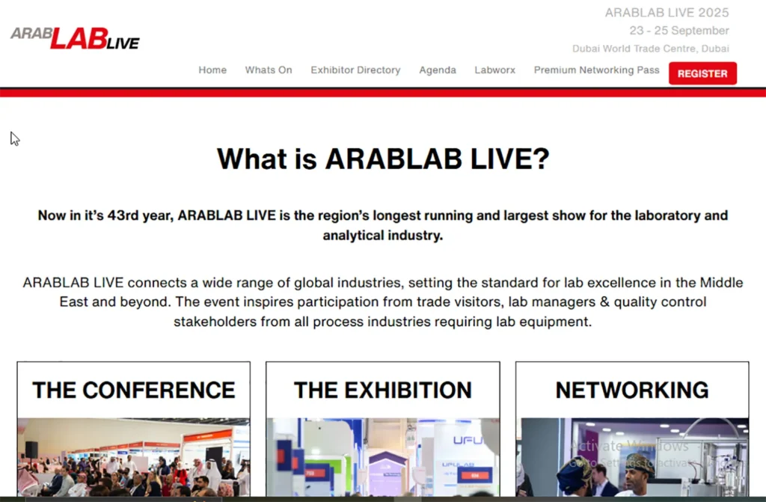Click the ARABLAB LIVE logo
(75, 37)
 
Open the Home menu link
(212, 70)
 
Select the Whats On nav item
(269, 70)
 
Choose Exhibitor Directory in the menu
(355, 70)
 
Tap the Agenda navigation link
(438, 70)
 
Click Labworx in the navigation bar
(494, 70)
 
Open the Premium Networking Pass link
(596, 70)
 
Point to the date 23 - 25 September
(678, 31)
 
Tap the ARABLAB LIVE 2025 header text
(667, 13)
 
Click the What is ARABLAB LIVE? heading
(383, 159)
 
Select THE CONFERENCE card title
(134, 390)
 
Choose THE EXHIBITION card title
(383, 390)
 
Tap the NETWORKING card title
(632, 390)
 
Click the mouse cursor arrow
(14, 138)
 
